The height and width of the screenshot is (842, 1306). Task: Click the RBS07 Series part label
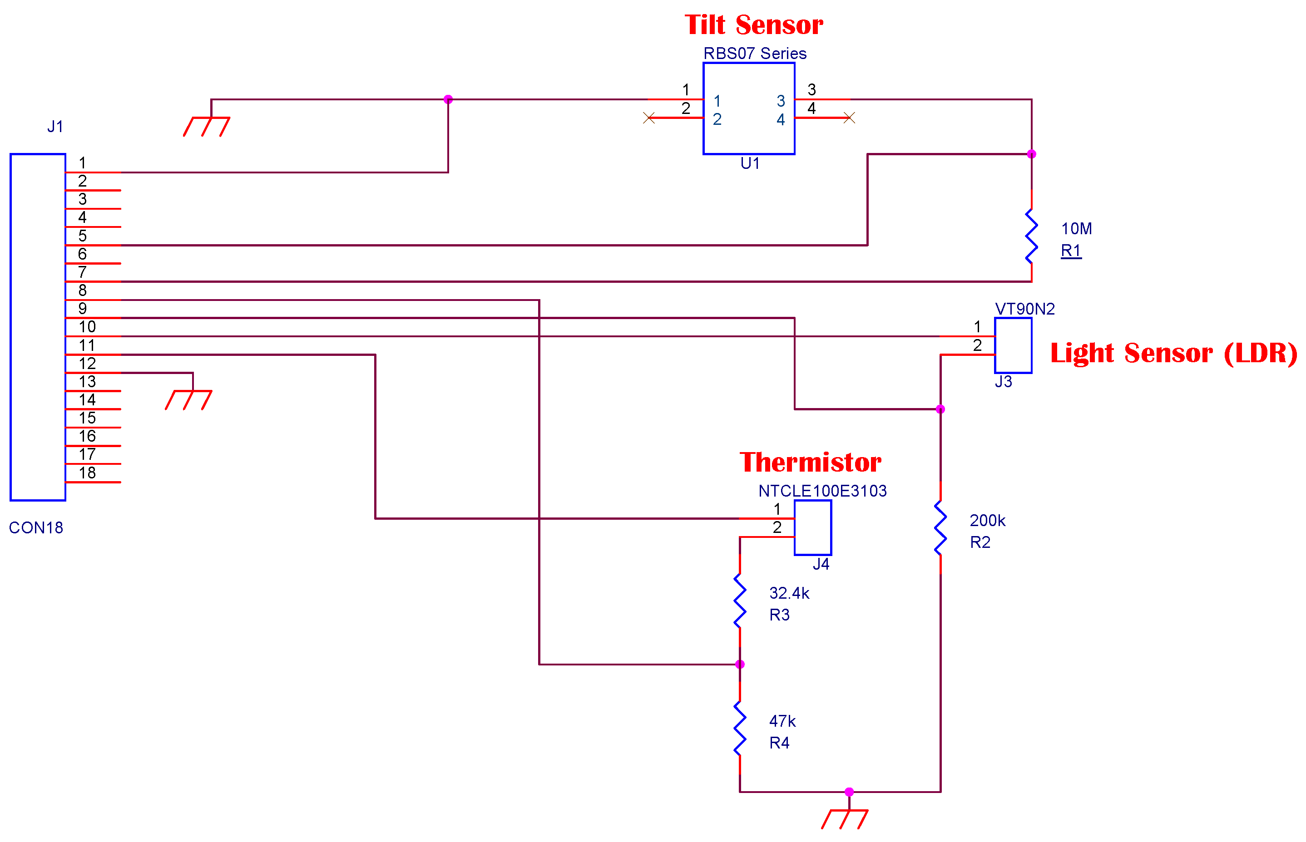coord(754,54)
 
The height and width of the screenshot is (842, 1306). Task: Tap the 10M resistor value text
coord(1076,229)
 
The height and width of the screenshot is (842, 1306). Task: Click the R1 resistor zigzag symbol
coord(1031,236)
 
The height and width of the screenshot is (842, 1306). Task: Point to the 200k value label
coord(987,520)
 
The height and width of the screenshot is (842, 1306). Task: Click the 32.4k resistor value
coord(789,593)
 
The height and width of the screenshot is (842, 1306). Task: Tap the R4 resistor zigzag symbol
coord(739,728)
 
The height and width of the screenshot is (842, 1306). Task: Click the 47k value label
coord(782,721)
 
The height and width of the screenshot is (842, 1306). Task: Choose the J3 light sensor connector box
coord(1012,345)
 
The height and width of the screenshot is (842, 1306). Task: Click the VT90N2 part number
coord(1024,309)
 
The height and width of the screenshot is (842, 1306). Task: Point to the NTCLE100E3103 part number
coord(822,491)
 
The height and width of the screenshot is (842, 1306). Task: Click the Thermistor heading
coord(810,463)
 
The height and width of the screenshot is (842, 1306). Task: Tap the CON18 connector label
coord(36,527)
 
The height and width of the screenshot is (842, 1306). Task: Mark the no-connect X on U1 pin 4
coord(848,118)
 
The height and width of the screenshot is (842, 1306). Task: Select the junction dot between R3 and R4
coord(739,665)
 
